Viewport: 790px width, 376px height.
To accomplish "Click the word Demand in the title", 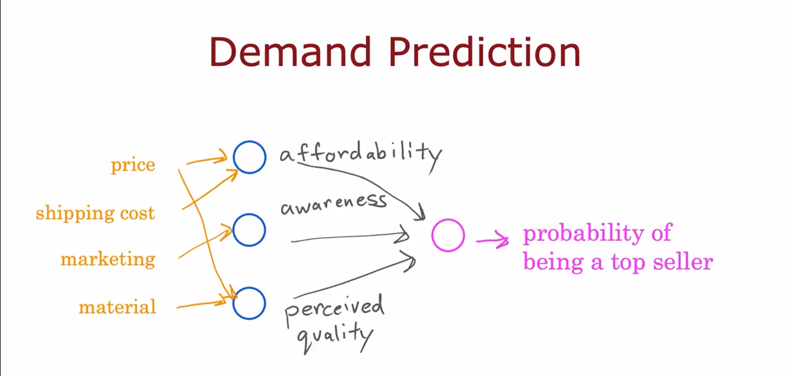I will pyautogui.click(x=289, y=52).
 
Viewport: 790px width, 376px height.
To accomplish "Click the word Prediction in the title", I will pyautogui.click(x=484, y=52).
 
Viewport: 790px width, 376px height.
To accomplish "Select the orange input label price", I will pyautogui.click(x=133, y=165).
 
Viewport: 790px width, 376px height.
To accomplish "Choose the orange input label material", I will pyautogui.click(x=117, y=307).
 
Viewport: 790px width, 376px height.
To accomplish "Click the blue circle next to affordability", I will pyautogui.click(x=249, y=157).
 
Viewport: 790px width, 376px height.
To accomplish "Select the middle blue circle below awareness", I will pyautogui.click(x=249, y=230).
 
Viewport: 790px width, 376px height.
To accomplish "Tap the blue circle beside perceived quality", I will pyautogui.click(x=249, y=303).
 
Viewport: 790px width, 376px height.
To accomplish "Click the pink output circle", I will pyautogui.click(x=448, y=235).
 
